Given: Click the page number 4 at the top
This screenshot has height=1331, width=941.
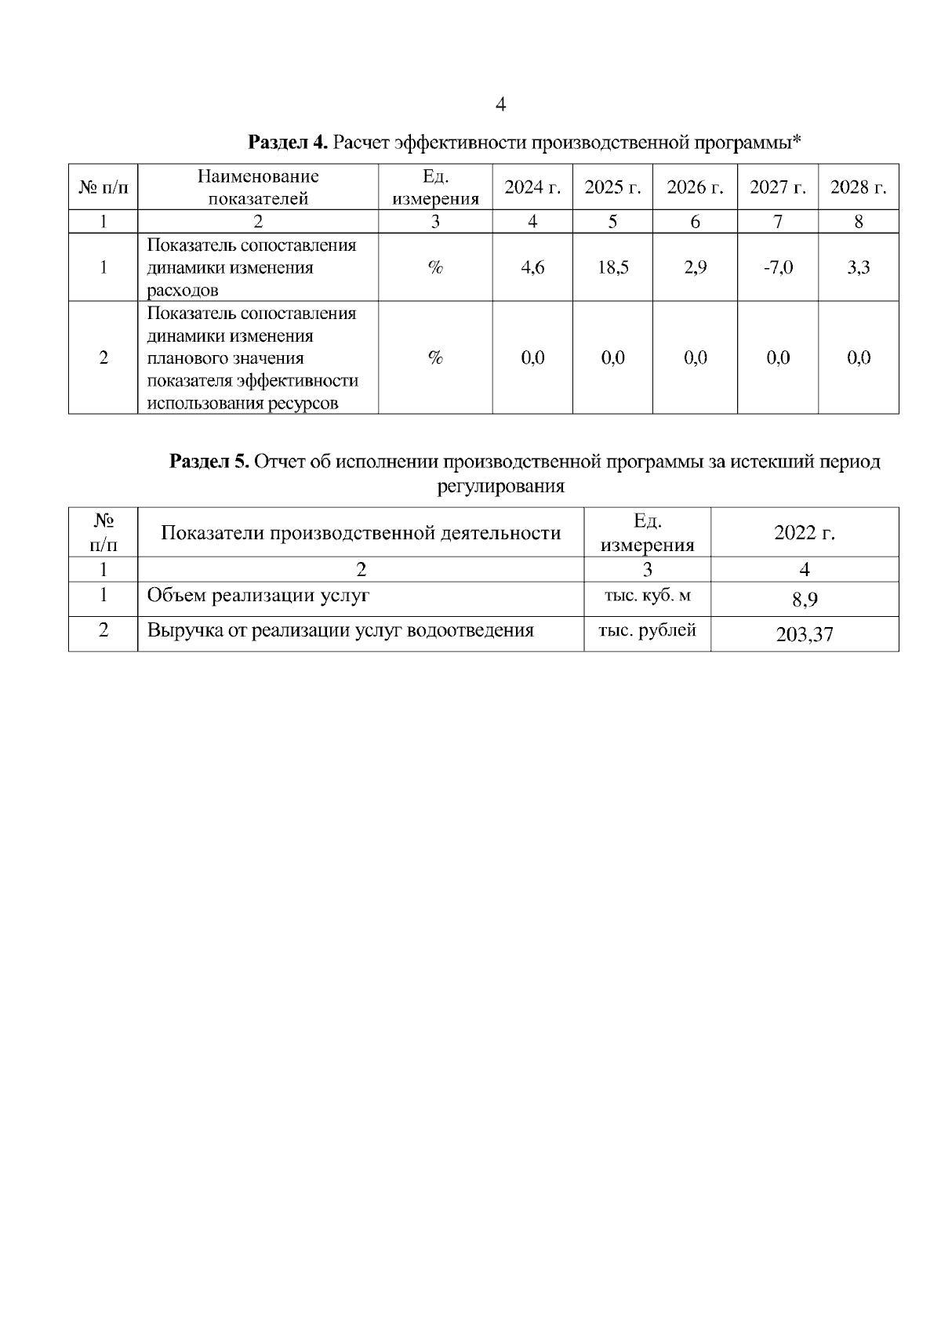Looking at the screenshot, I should click(502, 104).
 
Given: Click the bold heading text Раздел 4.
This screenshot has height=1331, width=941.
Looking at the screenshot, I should click(287, 143).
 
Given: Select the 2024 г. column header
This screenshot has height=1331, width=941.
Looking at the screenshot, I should click(532, 187).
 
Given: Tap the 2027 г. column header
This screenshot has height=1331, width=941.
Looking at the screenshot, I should click(777, 187).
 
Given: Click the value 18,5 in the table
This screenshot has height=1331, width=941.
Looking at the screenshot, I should click(612, 267).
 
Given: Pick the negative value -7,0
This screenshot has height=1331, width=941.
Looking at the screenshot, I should click(777, 267).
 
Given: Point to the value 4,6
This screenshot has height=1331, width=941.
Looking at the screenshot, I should click(532, 267).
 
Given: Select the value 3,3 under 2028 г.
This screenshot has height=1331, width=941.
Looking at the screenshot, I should click(859, 267).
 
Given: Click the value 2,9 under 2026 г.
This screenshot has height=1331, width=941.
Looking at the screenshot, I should click(695, 267).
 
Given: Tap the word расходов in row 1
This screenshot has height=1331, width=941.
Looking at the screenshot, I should click(183, 290).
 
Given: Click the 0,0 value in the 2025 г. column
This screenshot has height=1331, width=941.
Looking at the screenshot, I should click(612, 358).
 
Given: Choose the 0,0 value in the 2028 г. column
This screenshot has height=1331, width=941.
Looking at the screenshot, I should click(859, 358).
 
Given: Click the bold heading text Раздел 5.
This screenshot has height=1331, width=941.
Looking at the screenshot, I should click(209, 462).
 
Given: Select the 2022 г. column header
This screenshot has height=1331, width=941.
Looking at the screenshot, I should click(805, 533).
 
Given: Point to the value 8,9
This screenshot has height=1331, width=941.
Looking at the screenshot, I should click(805, 600).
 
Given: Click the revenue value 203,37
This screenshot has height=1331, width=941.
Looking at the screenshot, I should click(805, 635).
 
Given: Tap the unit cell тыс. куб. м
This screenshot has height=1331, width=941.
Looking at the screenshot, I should click(648, 596).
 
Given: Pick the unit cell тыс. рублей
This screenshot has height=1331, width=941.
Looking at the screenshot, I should click(648, 630).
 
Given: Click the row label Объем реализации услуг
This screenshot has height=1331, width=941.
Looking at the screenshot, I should click(258, 596).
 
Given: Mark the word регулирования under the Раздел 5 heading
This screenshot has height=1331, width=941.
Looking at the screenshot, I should click(500, 486).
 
